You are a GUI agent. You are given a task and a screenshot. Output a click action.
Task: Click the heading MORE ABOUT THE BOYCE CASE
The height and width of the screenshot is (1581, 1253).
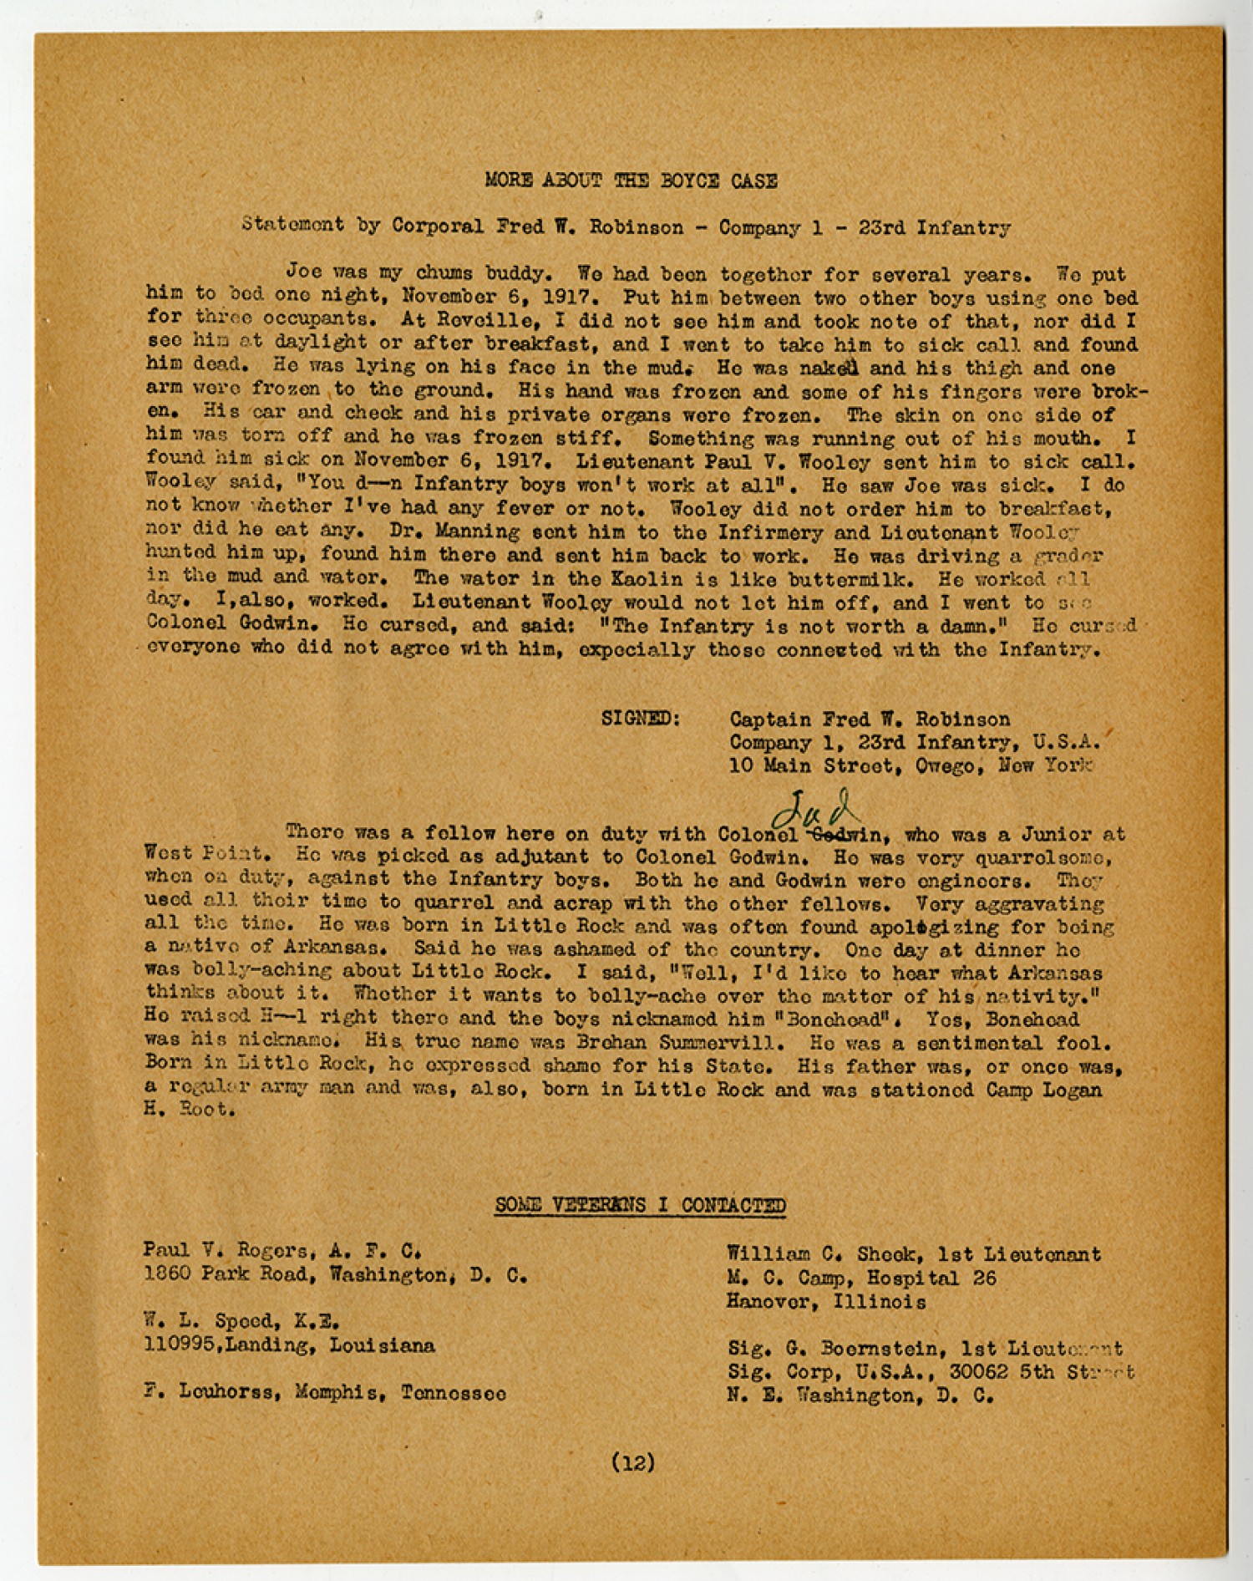tap(631, 180)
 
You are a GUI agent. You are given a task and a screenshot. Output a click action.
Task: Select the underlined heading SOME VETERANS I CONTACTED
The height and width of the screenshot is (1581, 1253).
tap(640, 1204)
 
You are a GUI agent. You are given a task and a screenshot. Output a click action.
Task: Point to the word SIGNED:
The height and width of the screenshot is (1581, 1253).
tap(641, 719)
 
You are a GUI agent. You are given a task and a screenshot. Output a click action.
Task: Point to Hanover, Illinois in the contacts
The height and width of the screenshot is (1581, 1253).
tap(826, 1302)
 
